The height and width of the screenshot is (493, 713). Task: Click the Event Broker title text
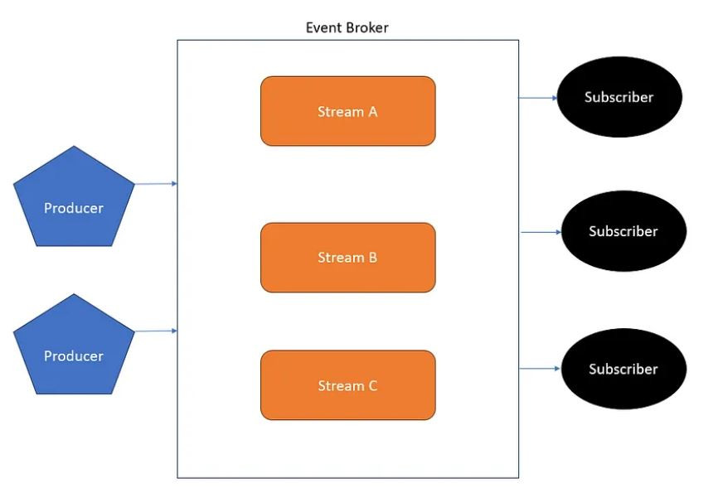[x=347, y=27]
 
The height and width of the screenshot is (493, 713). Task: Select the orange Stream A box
[x=348, y=111]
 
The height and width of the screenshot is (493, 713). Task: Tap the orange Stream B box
[x=348, y=258]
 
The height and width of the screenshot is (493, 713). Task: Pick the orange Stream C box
[x=348, y=385]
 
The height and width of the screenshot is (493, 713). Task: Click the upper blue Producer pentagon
[x=74, y=200]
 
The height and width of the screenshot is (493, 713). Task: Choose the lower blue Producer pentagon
[x=74, y=348]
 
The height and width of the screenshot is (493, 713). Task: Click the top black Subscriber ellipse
[x=619, y=97]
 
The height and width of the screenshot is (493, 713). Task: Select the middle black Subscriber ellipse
[x=623, y=231]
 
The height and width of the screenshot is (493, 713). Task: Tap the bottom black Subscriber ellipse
[x=623, y=369]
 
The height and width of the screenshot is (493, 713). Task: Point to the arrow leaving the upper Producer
[x=156, y=184]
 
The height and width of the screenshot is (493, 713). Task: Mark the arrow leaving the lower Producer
[x=156, y=331]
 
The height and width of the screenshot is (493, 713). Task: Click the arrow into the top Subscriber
[x=538, y=98]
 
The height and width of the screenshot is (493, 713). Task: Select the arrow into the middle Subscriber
[x=541, y=232]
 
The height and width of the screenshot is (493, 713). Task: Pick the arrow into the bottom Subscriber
[x=540, y=369]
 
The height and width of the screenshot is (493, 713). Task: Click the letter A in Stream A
[x=373, y=112]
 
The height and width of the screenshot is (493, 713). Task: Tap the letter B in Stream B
[x=373, y=258]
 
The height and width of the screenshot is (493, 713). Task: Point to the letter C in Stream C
[x=373, y=386]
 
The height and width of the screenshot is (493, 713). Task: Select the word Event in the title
[x=323, y=27]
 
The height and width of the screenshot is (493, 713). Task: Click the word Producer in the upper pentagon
[x=74, y=208]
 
